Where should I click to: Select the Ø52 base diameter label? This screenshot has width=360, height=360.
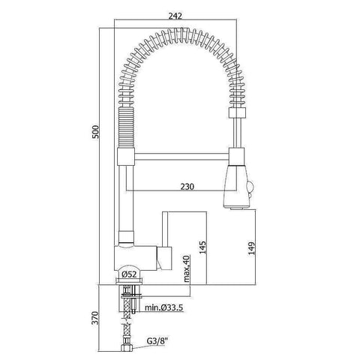coord(128,275)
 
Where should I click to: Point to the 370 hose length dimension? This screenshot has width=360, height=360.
coord(93,318)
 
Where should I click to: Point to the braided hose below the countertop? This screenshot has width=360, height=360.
coord(126,322)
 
